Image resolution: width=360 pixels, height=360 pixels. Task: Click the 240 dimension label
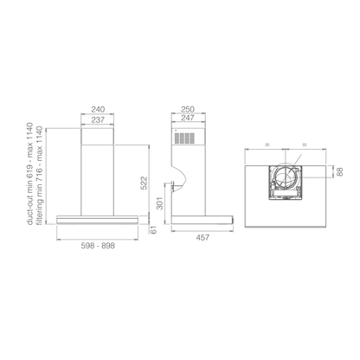tap(98, 110)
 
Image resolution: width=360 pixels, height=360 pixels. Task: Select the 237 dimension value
tap(98, 119)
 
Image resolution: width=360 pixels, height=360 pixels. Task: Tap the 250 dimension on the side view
tap(188, 109)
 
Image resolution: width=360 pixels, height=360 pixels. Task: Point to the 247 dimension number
tap(188, 118)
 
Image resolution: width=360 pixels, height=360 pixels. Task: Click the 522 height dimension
tap(144, 183)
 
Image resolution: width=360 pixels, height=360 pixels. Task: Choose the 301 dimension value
tap(160, 203)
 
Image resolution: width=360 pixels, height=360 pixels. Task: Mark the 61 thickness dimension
tap(153, 230)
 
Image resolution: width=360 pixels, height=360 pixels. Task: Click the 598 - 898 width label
tap(98, 246)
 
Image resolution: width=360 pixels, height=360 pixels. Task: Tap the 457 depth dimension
tap(202, 238)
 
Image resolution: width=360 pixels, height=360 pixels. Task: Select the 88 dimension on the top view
tap(340, 171)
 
